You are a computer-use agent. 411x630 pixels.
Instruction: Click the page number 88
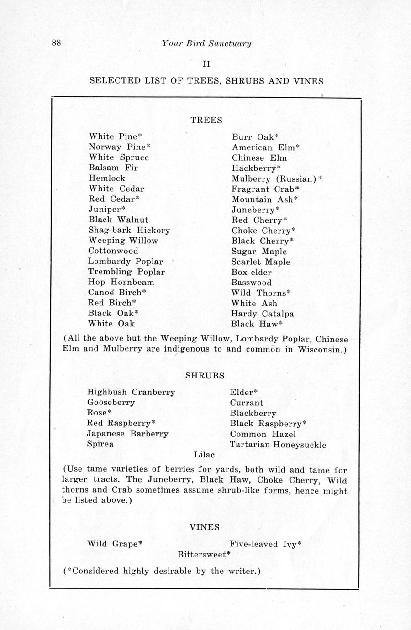pyautogui.click(x=56, y=43)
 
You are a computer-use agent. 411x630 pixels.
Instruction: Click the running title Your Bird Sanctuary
pyautogui.click(x=206, y=43)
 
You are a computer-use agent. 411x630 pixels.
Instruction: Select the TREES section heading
pyautogui.click(x=206, y=120)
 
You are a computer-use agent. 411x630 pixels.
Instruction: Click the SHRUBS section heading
pyautogui.click(x=205, y=376)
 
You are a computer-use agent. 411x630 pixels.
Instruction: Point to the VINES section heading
pyautogui.click(x=205, y=527)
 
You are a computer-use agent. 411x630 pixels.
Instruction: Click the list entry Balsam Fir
pyautogui.click(x=107, y=168)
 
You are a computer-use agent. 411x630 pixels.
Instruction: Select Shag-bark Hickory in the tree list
pyautogui.click(x=129, y=231)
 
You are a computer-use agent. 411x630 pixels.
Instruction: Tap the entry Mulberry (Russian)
pyautogui.click(x=274, y=178)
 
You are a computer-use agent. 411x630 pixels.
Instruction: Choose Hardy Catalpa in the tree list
pyautogui.click(x=263, y=314)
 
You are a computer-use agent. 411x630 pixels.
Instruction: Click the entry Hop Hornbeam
pyautogui.click(x=121, y=282)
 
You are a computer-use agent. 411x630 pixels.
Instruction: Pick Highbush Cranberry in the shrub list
pyautogui.click(x=131, y=392)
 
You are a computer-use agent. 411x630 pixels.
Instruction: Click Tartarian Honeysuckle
pyautogui.click(x=278, y=445)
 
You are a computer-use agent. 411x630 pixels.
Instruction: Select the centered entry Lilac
pyautogui.click(x=204, y=455)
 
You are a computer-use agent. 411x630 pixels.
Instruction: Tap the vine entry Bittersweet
pyautogui.click(x=204, y=555)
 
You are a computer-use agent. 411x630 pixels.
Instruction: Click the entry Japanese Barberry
pyautogui.click(x=127, y=434)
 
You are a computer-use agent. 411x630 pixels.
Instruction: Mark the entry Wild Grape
pyautogui.click(x=115, y=544)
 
